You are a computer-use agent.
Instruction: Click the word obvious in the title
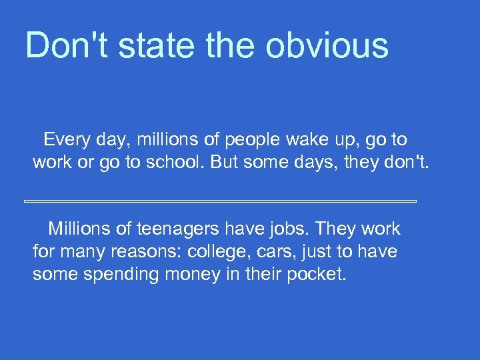(326, 45)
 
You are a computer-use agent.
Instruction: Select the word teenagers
(178, 229)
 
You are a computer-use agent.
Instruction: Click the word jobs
(287, 229)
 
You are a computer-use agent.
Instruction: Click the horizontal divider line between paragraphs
(220, 201)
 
